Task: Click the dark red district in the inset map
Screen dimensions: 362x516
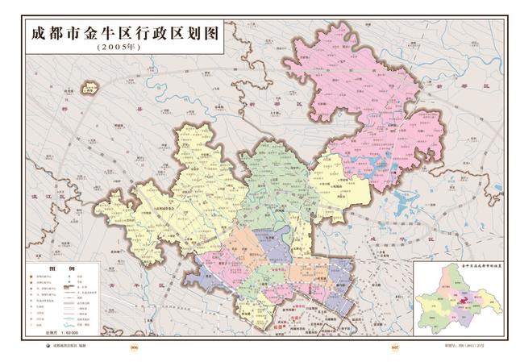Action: click(463, 300)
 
